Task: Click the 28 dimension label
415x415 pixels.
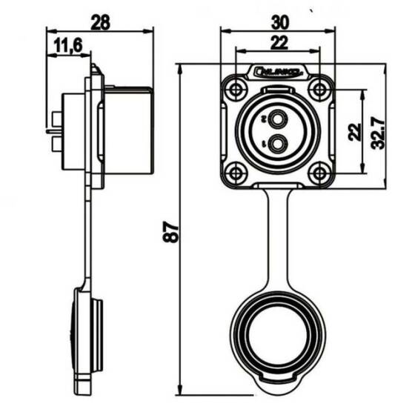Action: (x=100, y=21)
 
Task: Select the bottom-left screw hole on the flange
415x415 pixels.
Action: (x=236, y=173)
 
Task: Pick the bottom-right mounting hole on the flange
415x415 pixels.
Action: (x=319, y=173)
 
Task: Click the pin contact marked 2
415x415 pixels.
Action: (x=278, y=119)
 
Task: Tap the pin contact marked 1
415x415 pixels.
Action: (x=278, y=144)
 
